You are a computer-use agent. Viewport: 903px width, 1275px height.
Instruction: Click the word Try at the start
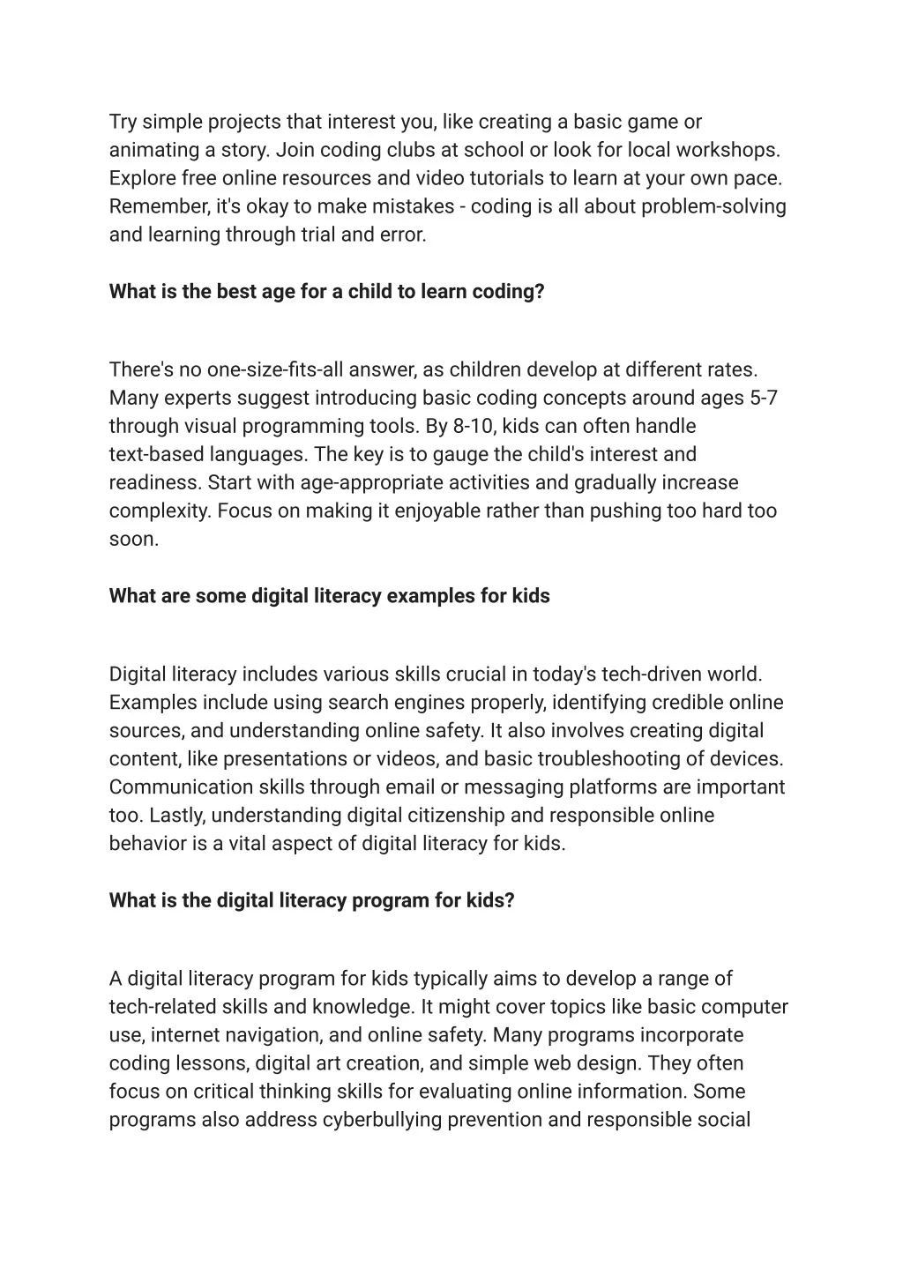123,122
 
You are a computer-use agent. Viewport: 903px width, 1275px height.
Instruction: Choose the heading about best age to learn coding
326,292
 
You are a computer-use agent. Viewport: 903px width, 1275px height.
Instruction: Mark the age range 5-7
764,398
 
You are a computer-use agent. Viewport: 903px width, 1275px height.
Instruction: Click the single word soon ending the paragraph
133,539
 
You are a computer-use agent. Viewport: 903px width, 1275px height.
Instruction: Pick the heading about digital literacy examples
329,596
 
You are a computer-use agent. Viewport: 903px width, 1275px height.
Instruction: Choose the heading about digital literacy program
311,900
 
